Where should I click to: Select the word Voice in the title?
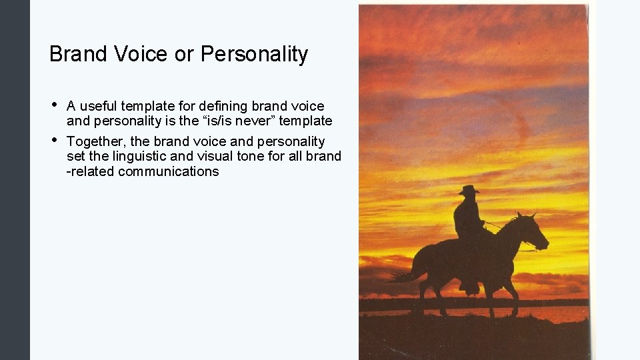click(x=141, y=54)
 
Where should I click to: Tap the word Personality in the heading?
click(x=254, y=54)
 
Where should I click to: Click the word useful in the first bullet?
click(x=99, y=106)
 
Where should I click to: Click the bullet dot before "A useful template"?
click(x=53, y=105)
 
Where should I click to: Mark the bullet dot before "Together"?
click(x=53, y=140)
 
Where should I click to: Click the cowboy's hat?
click(x=469, y=190)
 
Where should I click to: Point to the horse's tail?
click(x=404, y=273)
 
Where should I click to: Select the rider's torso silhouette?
click(x=467, y=217)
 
